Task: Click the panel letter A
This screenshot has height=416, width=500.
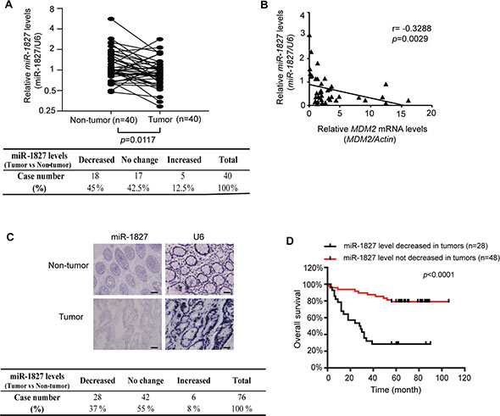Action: pyautogui.click(x=8, y=5)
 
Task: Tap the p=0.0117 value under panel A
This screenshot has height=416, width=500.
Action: pyautogui.click(x=137, y=140)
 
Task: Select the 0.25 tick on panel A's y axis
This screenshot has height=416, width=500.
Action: pyautogui.click(x=47, y=111)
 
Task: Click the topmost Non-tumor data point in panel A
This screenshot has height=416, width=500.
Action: pyautogui.click(x=111, y=19)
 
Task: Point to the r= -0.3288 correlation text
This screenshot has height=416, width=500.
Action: pyautogui.click(x=411, y=29)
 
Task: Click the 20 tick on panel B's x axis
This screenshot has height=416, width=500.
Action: pyautogui.click(x=431, y=114)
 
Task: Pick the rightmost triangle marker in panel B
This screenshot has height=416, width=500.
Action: pyautogui.click(x=408, y=100)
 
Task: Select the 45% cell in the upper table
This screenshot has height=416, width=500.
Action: pyautogui.click(x=96, y=188)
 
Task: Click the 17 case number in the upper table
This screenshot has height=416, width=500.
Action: pyautogui.click(x=138, y=176)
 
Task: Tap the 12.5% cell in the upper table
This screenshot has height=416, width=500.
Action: pyautogui.click(x=183, y=188)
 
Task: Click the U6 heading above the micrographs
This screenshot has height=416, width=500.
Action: pyautogui.click(x=198, y=237)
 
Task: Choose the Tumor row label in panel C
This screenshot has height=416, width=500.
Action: pyautogui.click(x=71, y=317)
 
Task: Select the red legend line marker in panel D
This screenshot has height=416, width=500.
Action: pyautogui.click(x=331, y=258)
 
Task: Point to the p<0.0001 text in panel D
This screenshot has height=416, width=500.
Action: pyautogui.click(x=438, y=275)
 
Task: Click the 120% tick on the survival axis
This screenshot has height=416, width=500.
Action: pyautogui.click(x=313, y=268)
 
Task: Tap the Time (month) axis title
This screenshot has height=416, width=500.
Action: pyautogui.click(x=396, y=390)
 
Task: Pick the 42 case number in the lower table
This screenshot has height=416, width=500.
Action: pyautogui.click(x=146, y=397)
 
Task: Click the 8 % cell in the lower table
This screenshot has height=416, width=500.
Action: pyautogui.click(x=193, y=408)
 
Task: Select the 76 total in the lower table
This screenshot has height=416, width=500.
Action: pyautogui.click(x=242, y=397)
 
